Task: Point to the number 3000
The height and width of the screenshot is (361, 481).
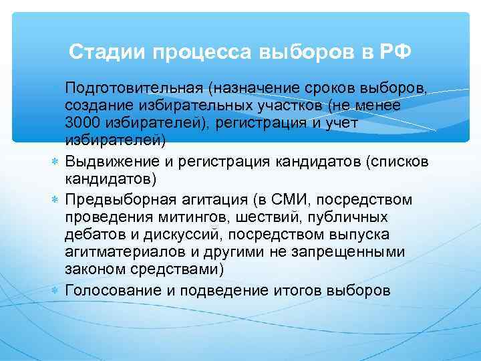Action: pyautogui.click(x=82, y=124)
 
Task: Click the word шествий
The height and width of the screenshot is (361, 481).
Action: pyautogui.click(x=278, y=217)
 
